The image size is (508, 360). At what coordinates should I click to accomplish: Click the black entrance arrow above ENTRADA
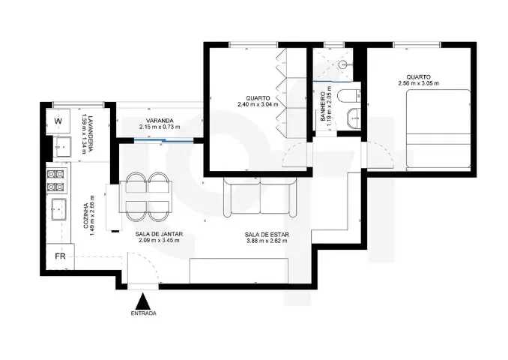click(x=142, y=301)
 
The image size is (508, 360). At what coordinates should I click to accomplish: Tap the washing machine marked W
click(x=58, y=121)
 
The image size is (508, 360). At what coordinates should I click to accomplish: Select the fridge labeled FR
click(x=60, y=256)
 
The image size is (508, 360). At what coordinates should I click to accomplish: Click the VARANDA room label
click(x=160, y=121)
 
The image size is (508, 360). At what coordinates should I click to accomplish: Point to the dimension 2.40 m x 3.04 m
click(x=258, y=104)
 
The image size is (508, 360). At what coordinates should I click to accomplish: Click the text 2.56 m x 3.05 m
click(x=419, y=83)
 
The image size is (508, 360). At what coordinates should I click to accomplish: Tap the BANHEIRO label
click(x=323, y=106)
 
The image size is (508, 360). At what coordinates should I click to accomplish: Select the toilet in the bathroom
click(x=349, y=96)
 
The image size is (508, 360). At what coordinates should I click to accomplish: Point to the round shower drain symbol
click(x=342, y=64)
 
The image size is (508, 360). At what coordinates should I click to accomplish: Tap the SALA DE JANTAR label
click(x=159, y=234)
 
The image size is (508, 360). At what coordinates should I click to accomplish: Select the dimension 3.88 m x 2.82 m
click(x=267, y=241)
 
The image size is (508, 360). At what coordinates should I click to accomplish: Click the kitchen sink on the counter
click(x=58, y=209)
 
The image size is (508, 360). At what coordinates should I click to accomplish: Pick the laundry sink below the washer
click(x=63, y=146)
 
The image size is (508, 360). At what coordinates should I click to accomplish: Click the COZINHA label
click(x=86, y=216)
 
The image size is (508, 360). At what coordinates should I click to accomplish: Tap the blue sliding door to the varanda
click(x=164, y=140)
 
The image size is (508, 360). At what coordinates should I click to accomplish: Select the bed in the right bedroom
click(x=438, y=128)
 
